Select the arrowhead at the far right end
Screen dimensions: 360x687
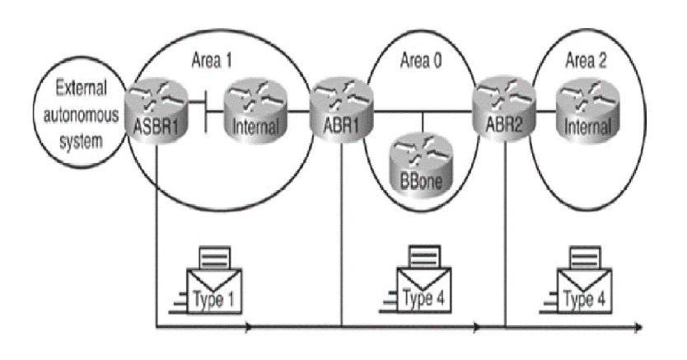(x=639, y=329)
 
